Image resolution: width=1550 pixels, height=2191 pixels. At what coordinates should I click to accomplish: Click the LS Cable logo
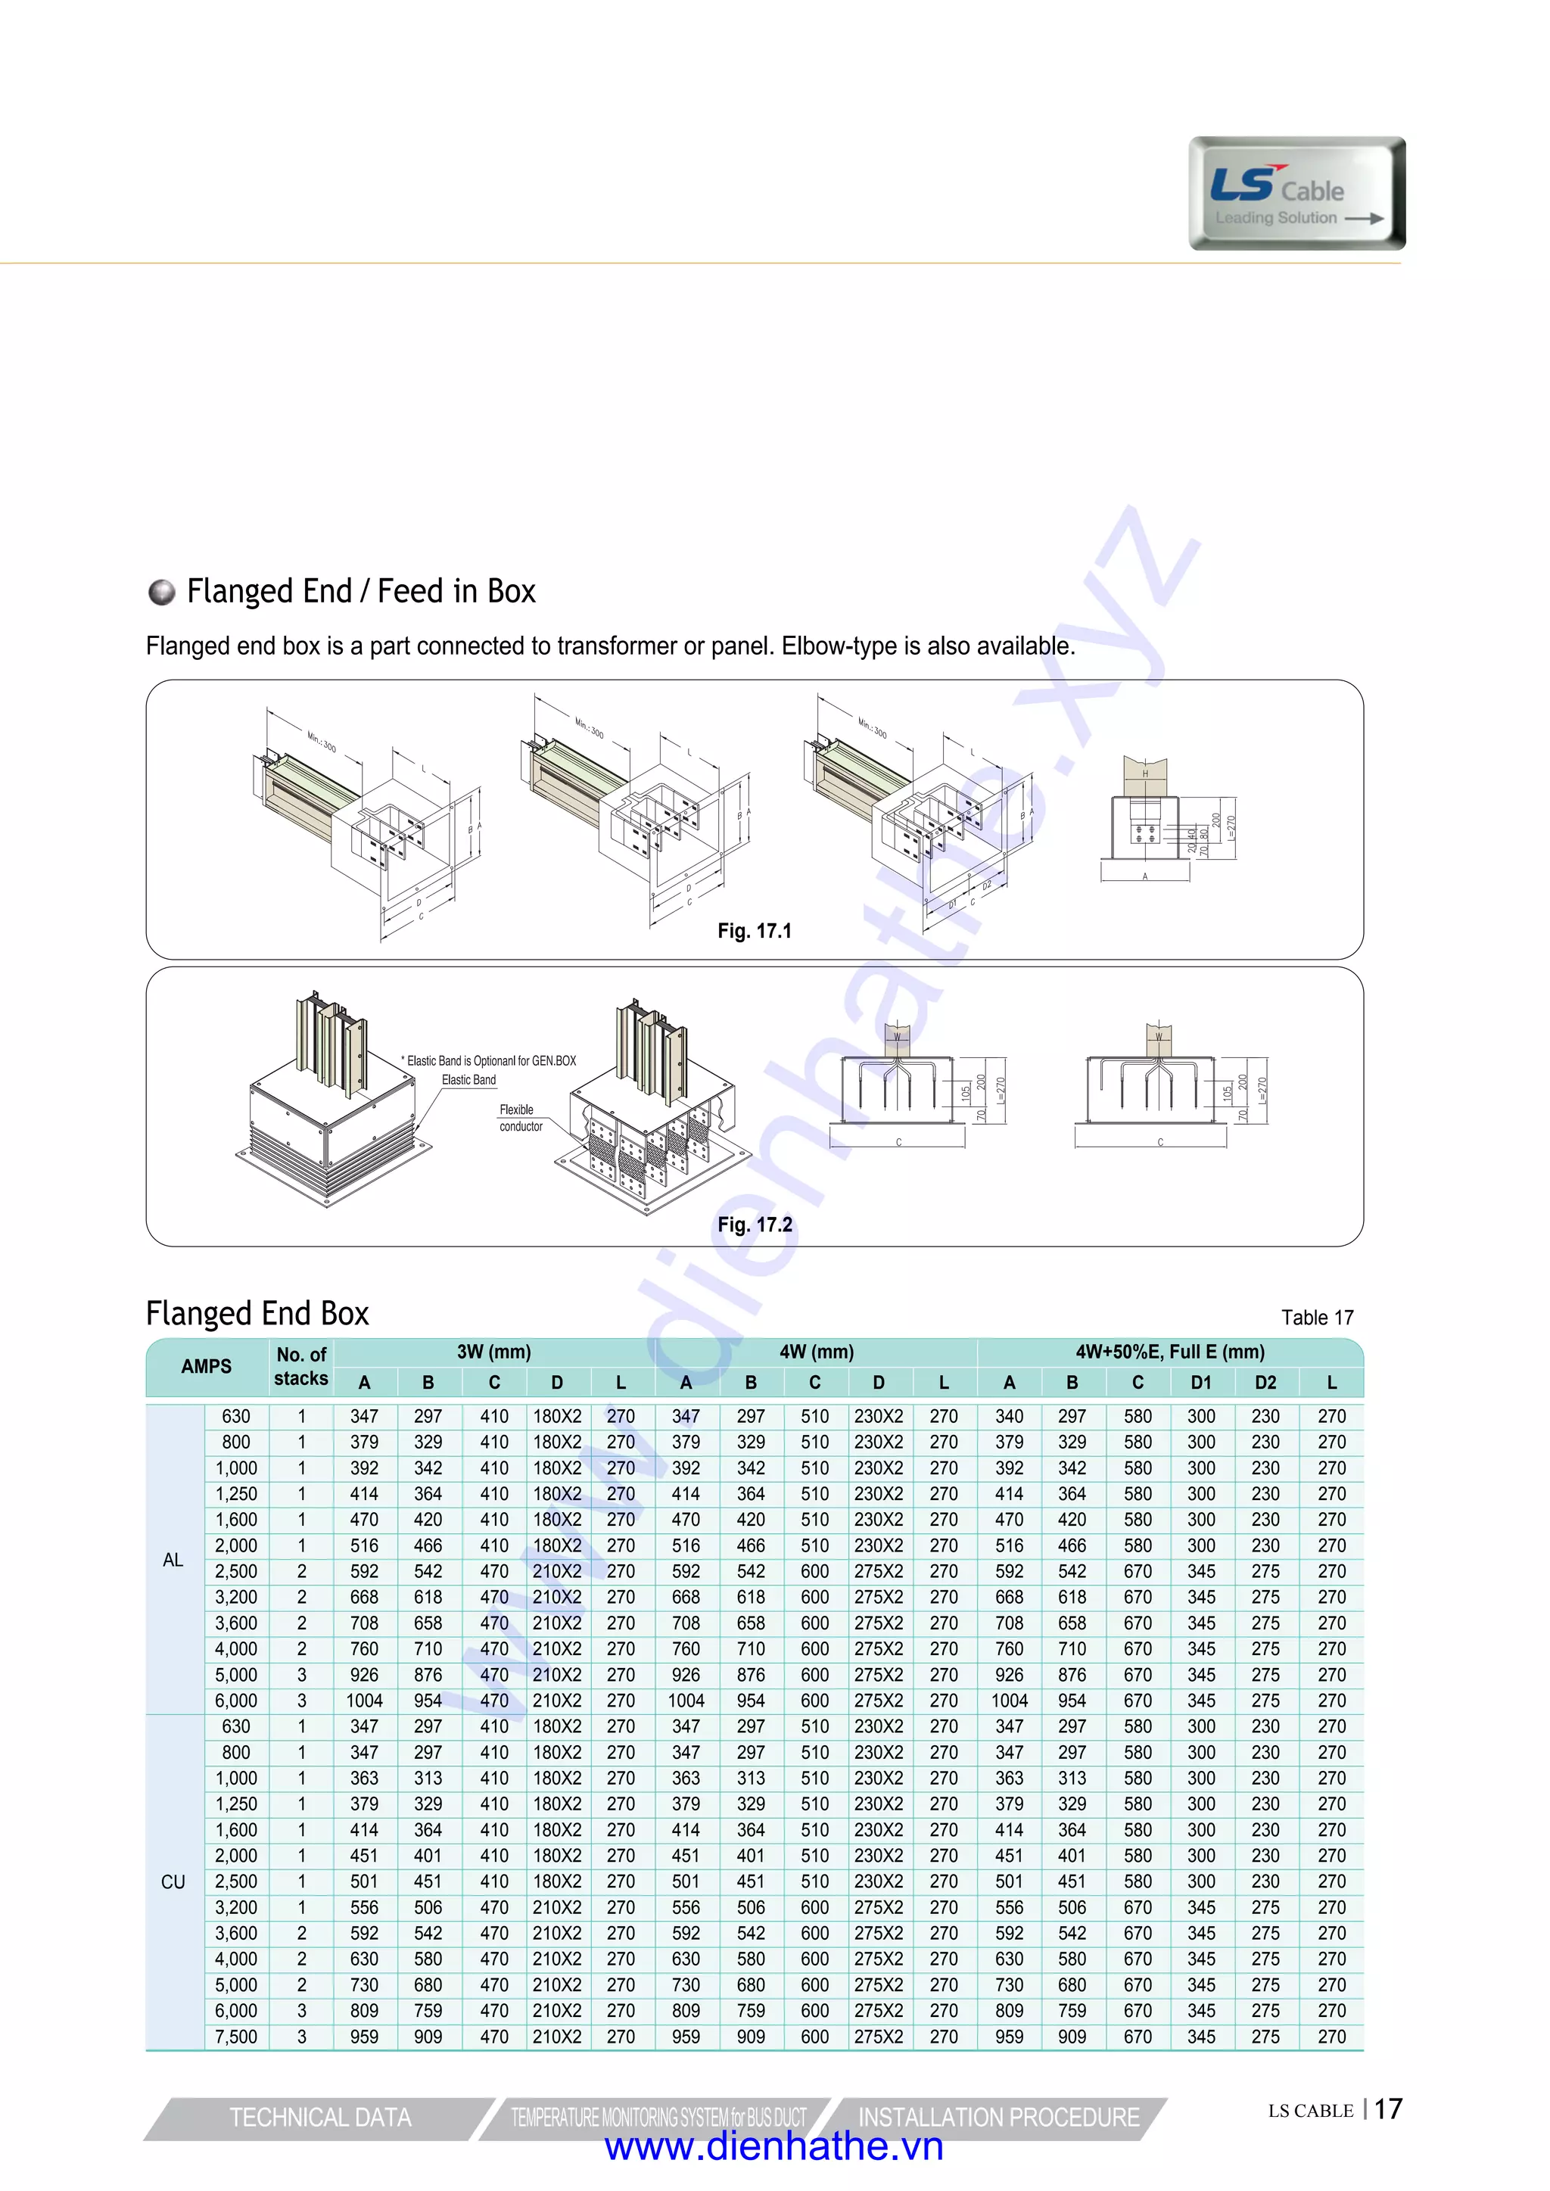[1296, 194]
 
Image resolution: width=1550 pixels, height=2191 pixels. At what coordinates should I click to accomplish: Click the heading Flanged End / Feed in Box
[361, 592]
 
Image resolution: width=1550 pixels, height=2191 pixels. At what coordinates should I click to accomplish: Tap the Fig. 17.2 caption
[754, 1225]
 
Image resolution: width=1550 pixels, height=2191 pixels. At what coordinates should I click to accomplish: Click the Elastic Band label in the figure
[468, 1080]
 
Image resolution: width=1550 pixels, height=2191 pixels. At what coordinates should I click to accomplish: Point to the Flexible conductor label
[520, 1118]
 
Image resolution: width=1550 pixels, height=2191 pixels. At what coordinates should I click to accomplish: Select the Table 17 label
[1316, 1318]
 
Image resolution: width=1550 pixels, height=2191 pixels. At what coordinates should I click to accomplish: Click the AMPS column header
[206, 1367]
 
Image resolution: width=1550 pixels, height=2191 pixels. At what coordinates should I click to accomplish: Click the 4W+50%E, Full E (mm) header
[1169, 1351]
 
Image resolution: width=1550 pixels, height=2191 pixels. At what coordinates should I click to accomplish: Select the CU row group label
[173, 1881]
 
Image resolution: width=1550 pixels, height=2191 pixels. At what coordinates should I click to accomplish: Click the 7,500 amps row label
[235, 2037]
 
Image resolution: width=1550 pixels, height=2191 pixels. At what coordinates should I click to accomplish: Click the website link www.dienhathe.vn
[774, 2146]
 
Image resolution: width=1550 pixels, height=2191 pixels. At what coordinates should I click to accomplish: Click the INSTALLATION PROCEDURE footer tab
[998, 2118]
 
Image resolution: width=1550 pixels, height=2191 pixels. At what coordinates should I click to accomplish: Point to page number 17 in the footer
[1388, 2109]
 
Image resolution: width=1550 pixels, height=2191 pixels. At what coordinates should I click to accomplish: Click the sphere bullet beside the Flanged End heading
[162, 592]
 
